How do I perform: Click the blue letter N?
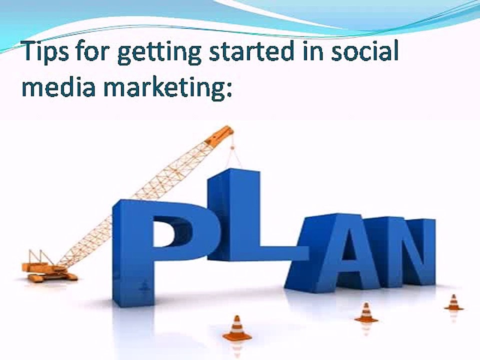coord(400,250)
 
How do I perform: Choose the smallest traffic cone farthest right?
coord(453,302)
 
